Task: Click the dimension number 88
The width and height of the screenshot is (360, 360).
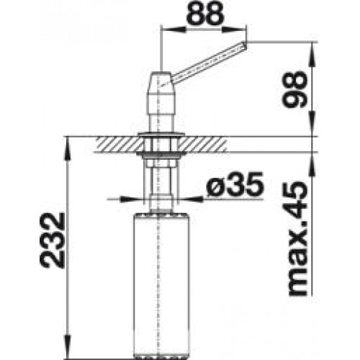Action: pyautogui.click(x=205, y=13)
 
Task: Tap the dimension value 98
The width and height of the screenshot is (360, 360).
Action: pyautogui.click(x=294, y=89)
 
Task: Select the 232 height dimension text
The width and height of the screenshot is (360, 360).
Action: pyautogui.click(x=52, y=240)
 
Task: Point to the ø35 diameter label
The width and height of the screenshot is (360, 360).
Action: pyautogui.click(x=235, y=184)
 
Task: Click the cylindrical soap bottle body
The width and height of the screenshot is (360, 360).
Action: pyautogui.click(x=160, y=284)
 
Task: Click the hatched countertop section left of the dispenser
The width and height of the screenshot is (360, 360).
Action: pyautogui.click(x=118, y=144)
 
